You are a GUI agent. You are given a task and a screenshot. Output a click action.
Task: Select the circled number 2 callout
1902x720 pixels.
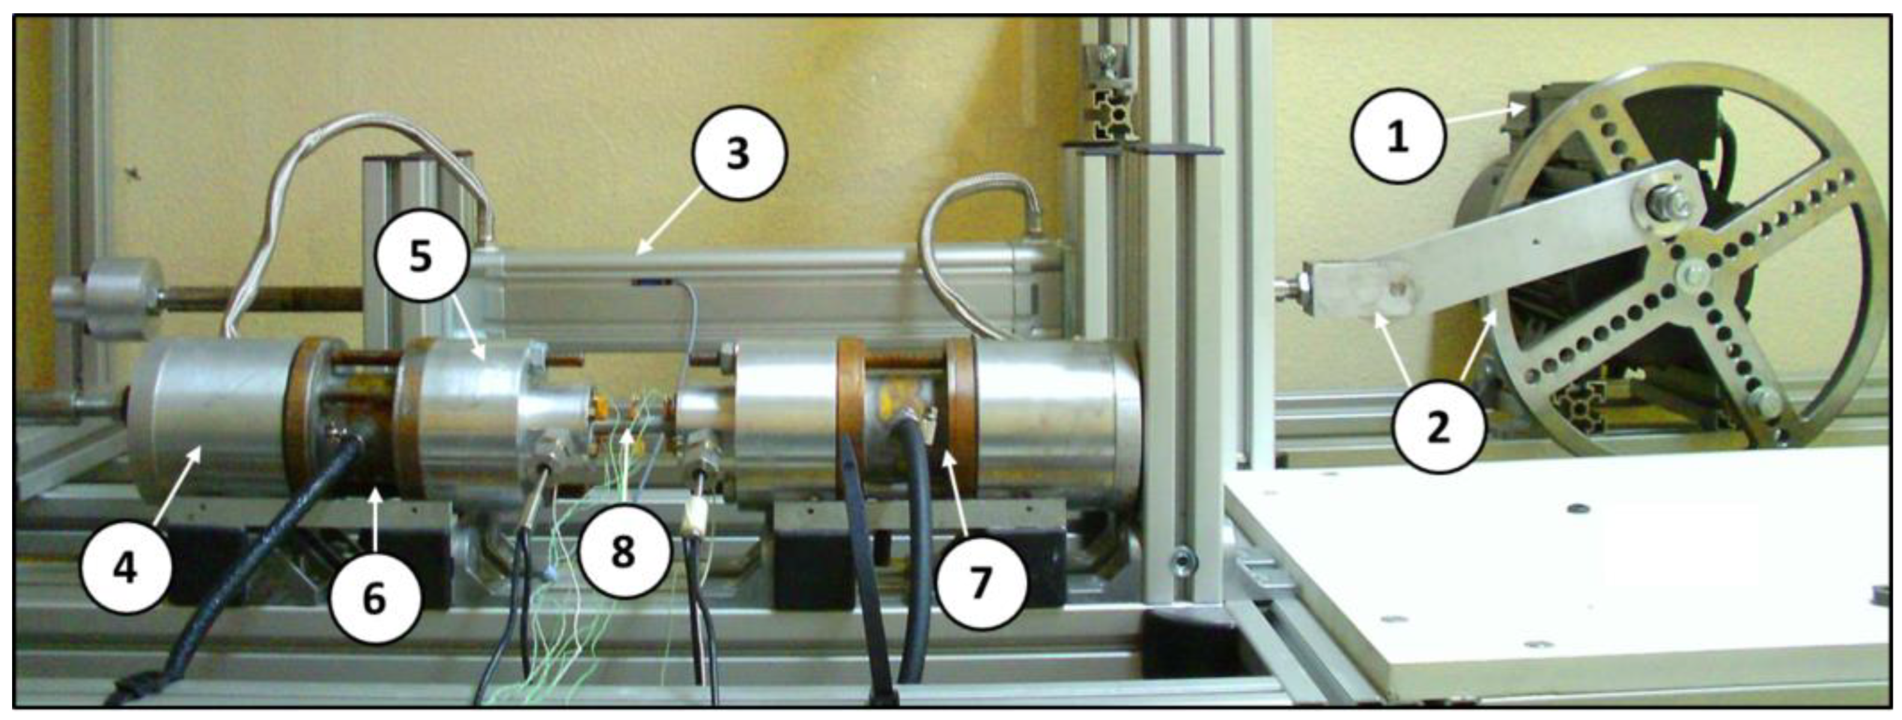point(1438,427)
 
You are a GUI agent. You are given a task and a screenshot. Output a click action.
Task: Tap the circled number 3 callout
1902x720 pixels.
point(739,154)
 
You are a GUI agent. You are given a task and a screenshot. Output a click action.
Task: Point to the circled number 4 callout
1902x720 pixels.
point(126,569)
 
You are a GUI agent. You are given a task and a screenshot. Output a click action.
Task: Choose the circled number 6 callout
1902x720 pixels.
point(375,597)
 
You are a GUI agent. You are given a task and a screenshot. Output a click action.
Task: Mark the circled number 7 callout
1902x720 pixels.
point(980,582)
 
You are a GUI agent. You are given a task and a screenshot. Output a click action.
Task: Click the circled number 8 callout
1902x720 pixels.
point(624,551)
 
